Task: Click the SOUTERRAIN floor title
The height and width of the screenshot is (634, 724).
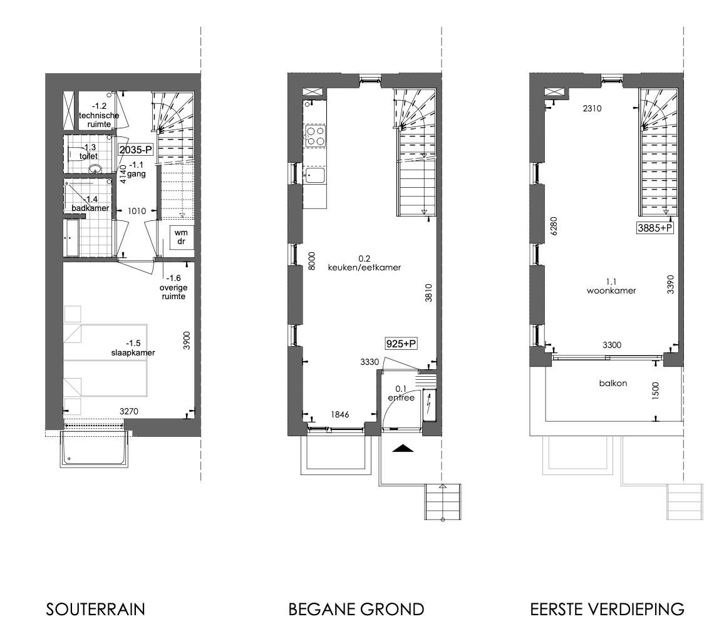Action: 95,609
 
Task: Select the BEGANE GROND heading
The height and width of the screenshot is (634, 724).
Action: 356,609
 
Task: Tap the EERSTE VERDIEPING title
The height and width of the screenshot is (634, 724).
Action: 607,609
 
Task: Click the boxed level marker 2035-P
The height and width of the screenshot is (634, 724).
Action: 136,150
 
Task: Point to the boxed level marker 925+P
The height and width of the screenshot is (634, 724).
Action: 401,344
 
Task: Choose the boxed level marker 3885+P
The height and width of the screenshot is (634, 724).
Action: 655,228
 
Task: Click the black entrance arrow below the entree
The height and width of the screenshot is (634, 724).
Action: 403,447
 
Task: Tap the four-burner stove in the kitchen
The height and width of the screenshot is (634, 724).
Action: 314,136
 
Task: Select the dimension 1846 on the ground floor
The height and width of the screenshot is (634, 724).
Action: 339,414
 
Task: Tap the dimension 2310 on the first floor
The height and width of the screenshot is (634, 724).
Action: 592,108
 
